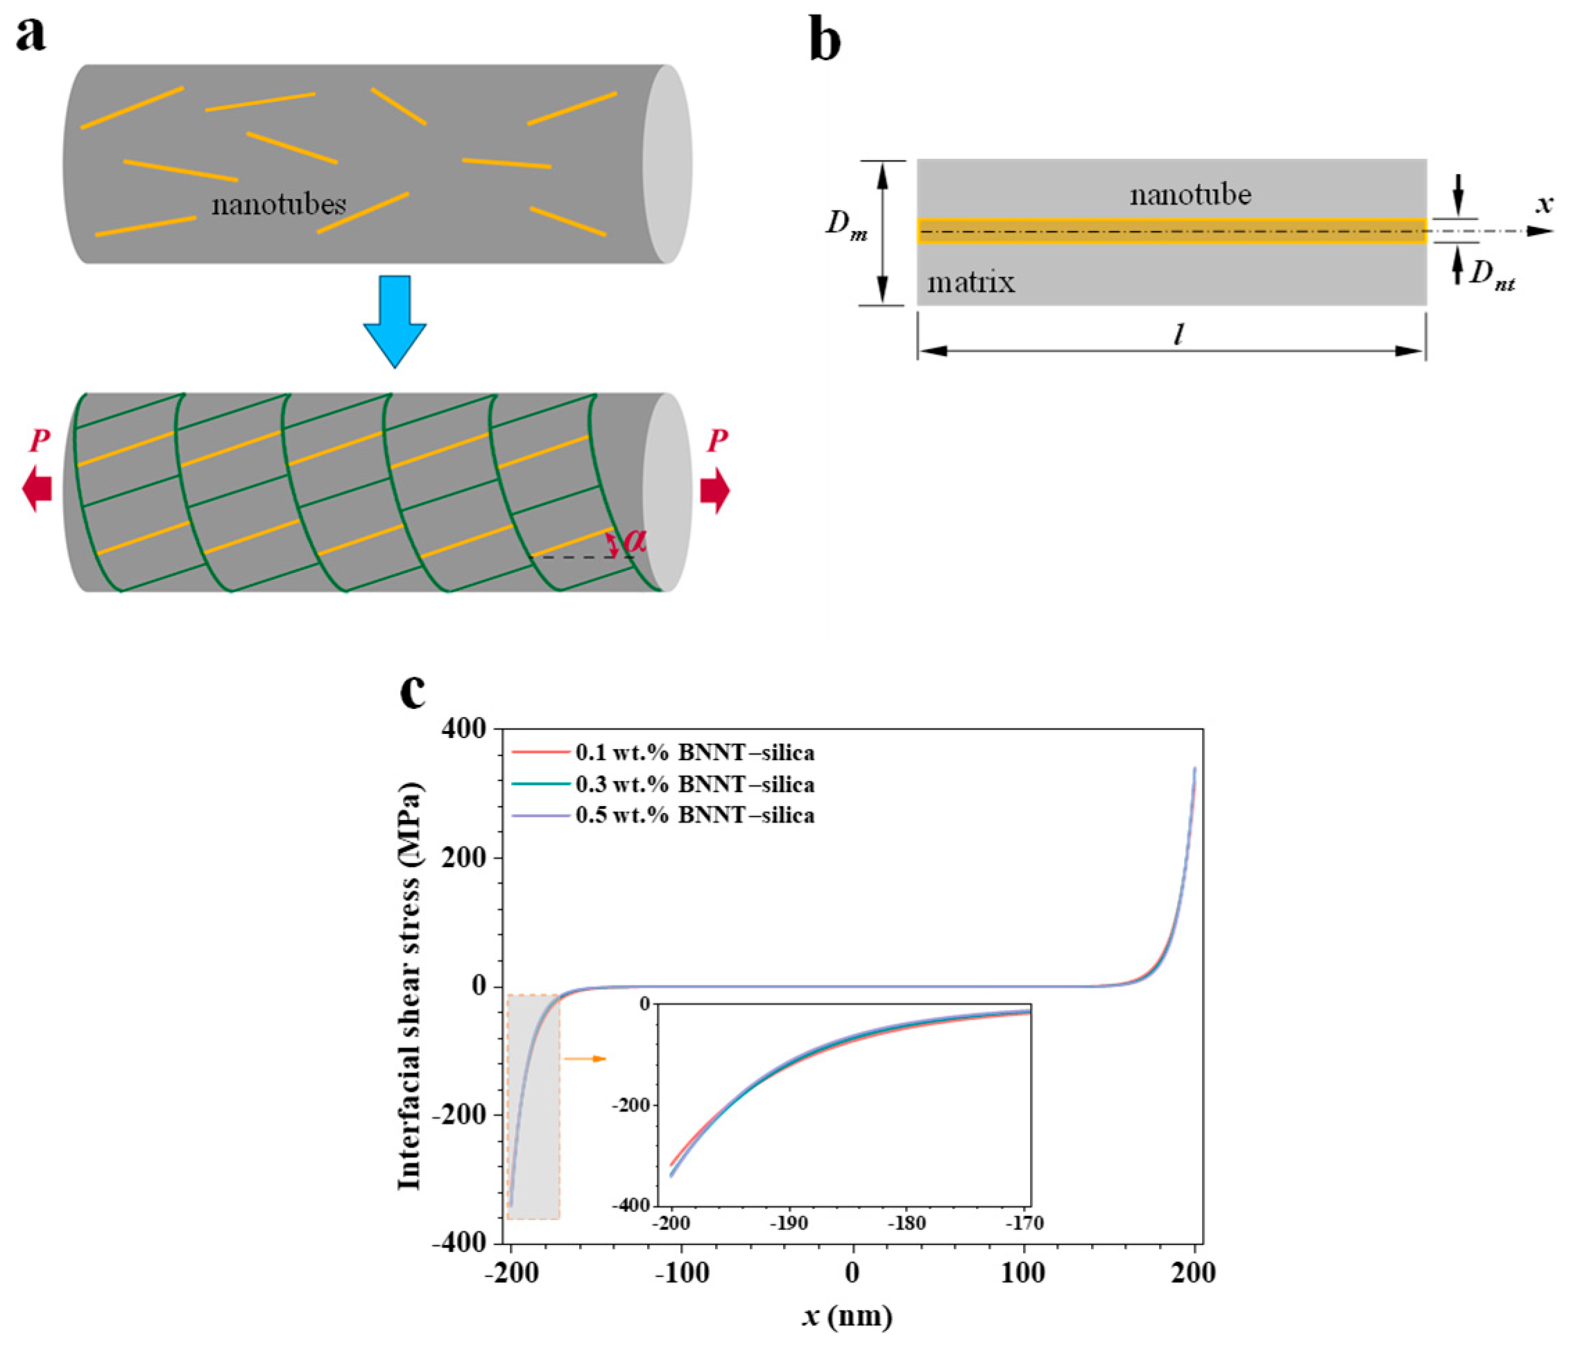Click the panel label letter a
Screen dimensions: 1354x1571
[31, 36]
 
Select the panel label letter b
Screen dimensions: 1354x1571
[825, 41]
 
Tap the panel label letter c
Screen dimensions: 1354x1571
[413, 691]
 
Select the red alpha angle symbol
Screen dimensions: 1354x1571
[634, 540]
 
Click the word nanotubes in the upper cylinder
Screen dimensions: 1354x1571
[278, 205]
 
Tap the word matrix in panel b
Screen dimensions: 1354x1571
[970, 283]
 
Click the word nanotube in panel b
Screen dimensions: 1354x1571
[1190, 196]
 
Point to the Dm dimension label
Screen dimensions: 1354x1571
[846, 225]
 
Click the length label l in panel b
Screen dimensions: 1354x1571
[1178, 334]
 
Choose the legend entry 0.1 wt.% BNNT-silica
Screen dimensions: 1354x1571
[694, 753]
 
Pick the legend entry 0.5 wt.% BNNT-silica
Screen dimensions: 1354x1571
[694, 816]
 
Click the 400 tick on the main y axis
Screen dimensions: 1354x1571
[463, 728]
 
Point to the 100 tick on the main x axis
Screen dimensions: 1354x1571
[1023, 1272]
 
